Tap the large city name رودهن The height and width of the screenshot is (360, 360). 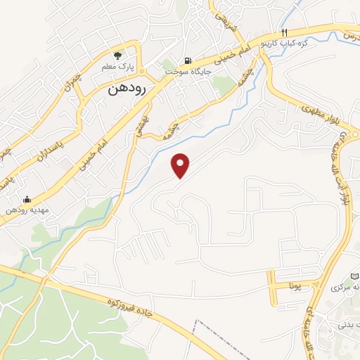coord(127,90)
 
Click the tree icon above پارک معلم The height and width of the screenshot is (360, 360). coord(119,54)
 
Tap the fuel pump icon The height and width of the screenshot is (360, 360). coord(187,60)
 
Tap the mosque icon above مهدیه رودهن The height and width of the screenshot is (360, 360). coord(27,199)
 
